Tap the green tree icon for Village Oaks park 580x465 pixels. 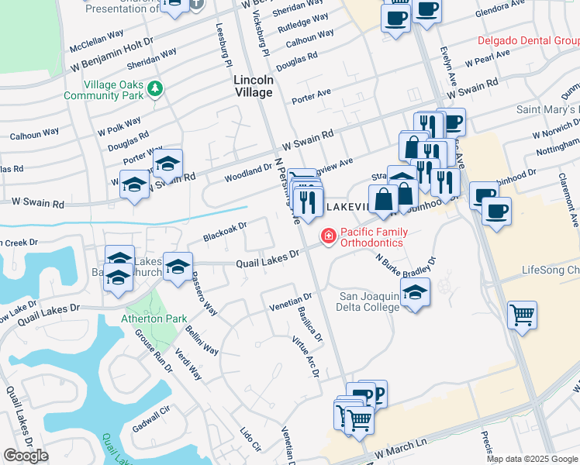point(156,88)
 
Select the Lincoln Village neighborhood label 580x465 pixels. point(254,86)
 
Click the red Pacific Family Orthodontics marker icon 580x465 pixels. point(329,236)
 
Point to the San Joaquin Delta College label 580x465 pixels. point(369,301)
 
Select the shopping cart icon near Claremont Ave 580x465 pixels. point(522,315)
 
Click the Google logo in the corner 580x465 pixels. point(26,456)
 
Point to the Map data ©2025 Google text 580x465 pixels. point(532,459)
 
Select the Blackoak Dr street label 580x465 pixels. point(224,229)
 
